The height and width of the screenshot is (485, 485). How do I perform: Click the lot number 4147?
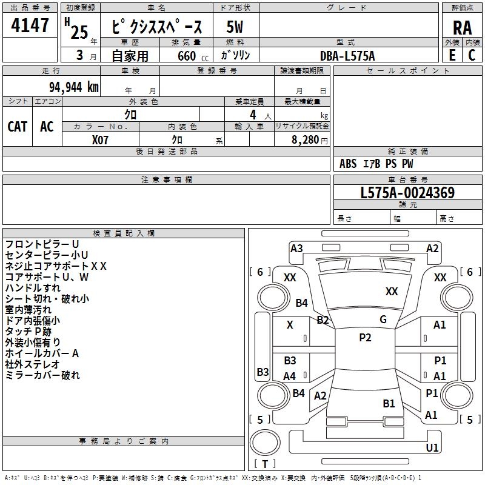point(30,25)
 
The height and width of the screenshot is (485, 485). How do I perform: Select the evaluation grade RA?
point(463,28)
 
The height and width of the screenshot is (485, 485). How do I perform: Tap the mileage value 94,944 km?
point(74,87)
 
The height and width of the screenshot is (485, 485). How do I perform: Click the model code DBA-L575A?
point(347,56)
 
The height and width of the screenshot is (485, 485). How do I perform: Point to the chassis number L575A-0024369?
point(407,193)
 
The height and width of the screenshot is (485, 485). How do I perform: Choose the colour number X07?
point(100,140)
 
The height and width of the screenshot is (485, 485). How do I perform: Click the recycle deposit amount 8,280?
point(306,140)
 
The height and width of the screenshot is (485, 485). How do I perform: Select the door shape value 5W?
point(235,27)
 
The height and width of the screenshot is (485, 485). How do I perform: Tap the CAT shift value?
point(18,127)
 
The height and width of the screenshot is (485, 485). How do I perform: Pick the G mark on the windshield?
point(383,319)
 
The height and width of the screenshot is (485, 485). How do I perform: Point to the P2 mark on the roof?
point(365,338)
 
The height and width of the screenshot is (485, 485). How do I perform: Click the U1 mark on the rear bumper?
point(432,447)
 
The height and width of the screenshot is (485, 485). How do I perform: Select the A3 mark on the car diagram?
point(296,249)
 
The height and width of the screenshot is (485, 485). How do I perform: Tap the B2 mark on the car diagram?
point(323,320)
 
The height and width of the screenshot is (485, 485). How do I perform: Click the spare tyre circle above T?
point(265,443)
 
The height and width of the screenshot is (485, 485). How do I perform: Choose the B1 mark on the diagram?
point(389,403)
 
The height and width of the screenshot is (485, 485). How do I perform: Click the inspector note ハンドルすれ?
point(33,287)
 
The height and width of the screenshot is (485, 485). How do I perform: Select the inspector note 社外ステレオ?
point(32,364)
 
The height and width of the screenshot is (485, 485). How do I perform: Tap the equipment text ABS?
point(348,164)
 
